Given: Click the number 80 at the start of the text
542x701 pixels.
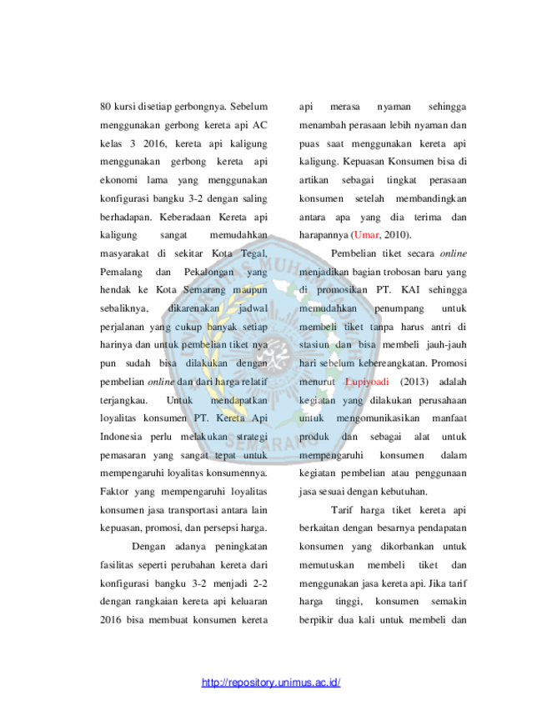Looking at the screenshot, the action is tap(106, 107).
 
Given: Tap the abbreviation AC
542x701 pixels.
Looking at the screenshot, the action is tap(260, 125).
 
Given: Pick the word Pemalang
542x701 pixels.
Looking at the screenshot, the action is tap(121, 272).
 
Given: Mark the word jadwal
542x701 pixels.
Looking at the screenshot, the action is tap(253, 308).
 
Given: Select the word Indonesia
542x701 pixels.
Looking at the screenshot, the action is tap(121, 436).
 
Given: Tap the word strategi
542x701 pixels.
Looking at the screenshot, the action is tap(252, 436).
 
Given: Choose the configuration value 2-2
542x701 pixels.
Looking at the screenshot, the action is tap(260, 583).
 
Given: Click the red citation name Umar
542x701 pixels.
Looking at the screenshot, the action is tap(366, 235).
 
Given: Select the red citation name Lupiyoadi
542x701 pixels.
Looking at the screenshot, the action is tap(367, 382).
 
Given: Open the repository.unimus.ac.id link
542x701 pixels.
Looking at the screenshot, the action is tap(271, 683).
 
